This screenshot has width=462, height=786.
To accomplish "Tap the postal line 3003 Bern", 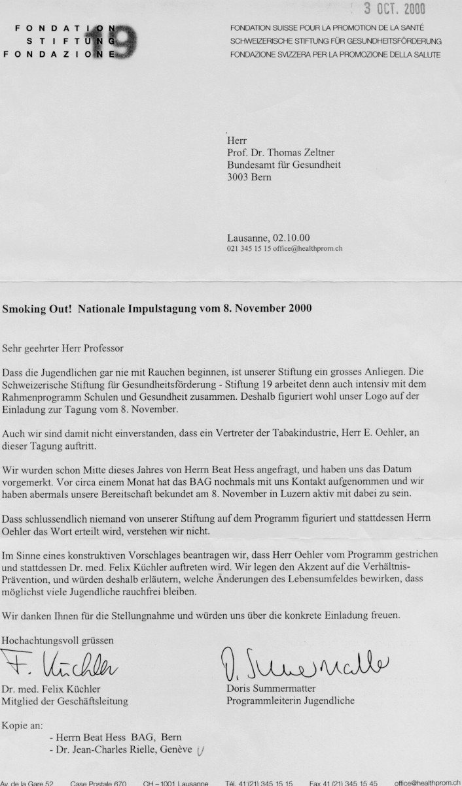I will pyautogui.click(x=247, y=177).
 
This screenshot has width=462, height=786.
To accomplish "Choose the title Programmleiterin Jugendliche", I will pyautogui.click(x=291, y=702).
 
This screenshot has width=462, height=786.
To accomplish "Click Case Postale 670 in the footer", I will pyautogui.click(x=98, y=782).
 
